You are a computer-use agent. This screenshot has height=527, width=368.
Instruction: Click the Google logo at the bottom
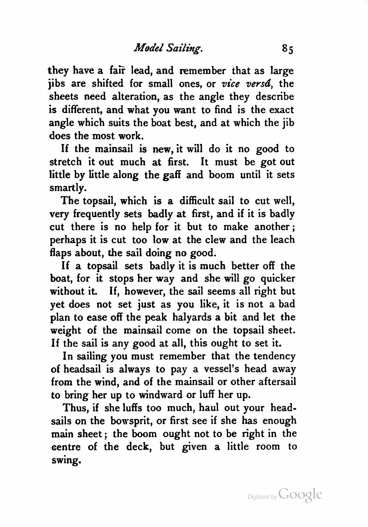(300, 495)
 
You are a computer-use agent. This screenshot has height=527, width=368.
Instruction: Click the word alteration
(134, 97)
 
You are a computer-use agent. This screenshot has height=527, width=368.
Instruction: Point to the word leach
(281, 239)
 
